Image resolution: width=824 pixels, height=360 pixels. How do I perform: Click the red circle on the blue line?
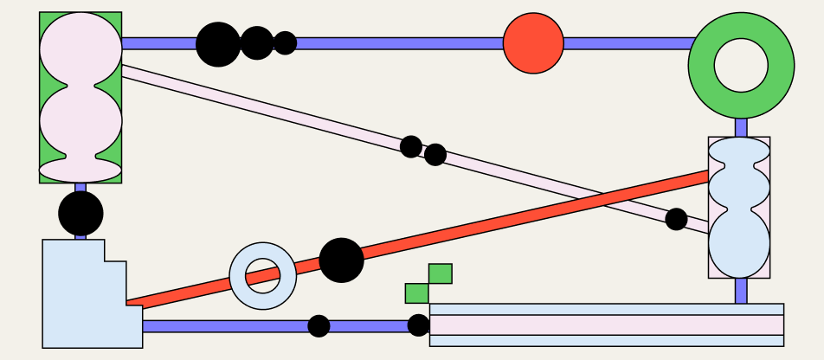(533, 43)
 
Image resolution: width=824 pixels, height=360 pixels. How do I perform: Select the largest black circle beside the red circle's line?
(218, 44)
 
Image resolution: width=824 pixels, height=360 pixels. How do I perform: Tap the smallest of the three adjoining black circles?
(285, 43)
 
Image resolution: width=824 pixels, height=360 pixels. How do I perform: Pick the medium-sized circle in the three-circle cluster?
(256, 43)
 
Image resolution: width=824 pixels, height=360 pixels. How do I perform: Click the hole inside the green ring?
(741, 65)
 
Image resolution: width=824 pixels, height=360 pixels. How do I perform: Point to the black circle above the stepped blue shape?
(80, 214)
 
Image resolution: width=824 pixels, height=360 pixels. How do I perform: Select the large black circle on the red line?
(341, 260)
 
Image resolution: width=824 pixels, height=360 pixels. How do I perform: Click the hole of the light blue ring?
(263, 276)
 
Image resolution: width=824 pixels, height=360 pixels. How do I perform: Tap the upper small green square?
(440, 273)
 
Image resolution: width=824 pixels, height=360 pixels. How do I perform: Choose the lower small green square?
(416, 293)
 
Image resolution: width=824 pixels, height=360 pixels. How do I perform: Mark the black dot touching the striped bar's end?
(418, 325)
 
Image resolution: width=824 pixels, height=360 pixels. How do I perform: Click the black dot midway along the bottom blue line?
(319, 326)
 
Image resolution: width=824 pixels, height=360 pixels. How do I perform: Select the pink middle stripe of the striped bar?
(606, 325)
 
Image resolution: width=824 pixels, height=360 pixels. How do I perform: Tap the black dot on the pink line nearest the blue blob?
(676, 219)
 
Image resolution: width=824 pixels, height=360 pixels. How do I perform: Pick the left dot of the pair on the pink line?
(411, 146)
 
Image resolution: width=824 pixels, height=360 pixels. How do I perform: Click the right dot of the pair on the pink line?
(435, 155)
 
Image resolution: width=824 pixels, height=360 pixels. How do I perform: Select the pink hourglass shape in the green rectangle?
(80, 97)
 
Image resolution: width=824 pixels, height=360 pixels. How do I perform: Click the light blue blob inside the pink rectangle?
(738, 208)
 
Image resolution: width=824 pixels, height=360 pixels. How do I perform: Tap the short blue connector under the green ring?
(741, 127)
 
